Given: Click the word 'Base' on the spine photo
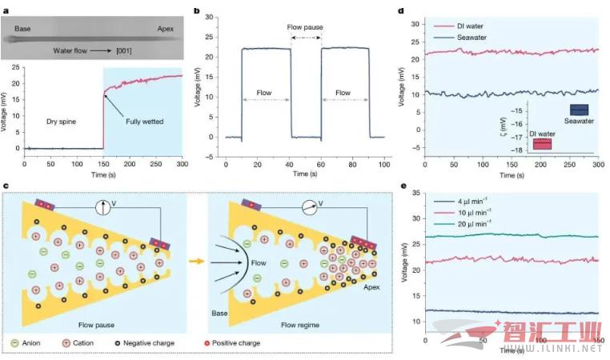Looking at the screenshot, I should [23, 28].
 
